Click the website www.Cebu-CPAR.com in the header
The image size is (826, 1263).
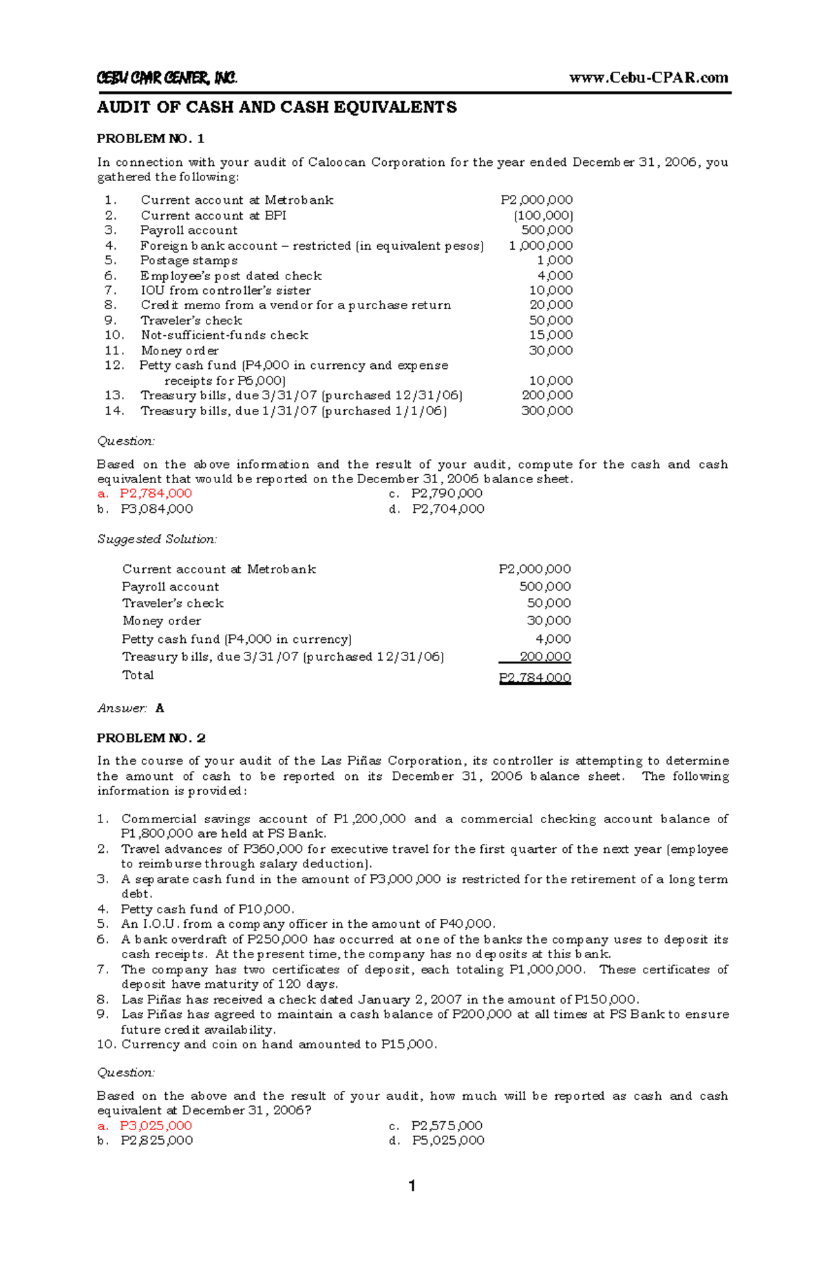point(648,78)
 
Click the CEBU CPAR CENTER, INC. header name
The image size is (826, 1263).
point(167,78)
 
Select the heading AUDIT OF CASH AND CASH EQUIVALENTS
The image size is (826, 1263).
point(277,107)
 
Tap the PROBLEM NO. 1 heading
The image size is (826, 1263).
point(151,139)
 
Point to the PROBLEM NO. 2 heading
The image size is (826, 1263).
point(151,738)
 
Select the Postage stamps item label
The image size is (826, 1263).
point(189,260)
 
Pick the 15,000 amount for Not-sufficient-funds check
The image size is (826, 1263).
point(551,335)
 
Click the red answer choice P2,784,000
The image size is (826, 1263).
point(156,493)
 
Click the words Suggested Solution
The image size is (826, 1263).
point(157,540)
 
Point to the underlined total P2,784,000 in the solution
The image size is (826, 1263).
point(535,678)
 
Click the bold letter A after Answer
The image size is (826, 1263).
point(160,708)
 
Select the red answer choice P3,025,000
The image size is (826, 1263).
point(156,1126)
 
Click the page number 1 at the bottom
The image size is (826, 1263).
point(412,1186)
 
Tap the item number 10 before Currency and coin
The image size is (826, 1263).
point(106,1045)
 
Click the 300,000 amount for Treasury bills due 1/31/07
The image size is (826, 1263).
point(547,411)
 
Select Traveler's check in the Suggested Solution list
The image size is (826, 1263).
point(173,604)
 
